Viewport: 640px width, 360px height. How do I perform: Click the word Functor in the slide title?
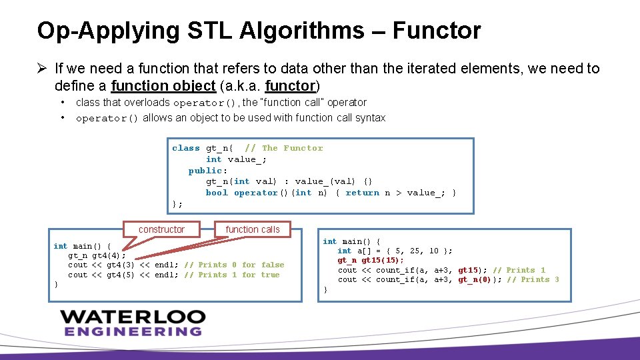(x=437, y=31)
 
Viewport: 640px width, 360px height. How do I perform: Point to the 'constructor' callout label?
(x=161, y=229)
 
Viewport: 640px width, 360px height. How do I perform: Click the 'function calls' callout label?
(x=253, y=229)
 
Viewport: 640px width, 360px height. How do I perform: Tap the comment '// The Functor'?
(x=283, y=148)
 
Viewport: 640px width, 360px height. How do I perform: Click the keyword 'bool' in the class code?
(x=217, y=193)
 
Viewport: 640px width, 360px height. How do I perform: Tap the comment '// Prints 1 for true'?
(x=231, y=275)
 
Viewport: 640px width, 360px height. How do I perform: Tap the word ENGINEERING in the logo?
(x=133, y=331)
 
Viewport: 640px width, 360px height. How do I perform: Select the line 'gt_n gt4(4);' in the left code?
(x=97, y=255)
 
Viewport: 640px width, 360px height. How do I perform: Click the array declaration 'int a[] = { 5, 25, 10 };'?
(x=395, y=251)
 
